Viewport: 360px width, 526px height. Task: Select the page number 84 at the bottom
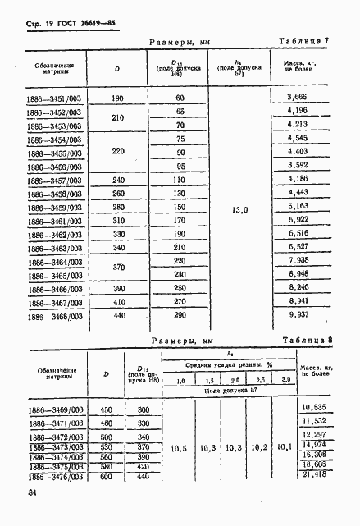(x=34, y=492)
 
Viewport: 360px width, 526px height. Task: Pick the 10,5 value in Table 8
(x=180, y=449)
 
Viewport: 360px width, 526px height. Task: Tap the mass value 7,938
(x=296, y=260)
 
